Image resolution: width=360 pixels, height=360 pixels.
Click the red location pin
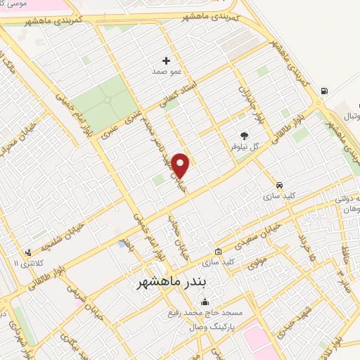tap(181, 166)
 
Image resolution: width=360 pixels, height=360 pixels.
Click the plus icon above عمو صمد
tap(166, 61)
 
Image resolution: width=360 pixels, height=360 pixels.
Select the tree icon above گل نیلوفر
tap(244, 136)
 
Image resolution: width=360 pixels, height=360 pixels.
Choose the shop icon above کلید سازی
tap(219, 251)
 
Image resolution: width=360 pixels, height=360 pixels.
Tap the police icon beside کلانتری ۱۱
tap(28, 252)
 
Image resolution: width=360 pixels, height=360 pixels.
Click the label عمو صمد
tap(166, 72)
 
